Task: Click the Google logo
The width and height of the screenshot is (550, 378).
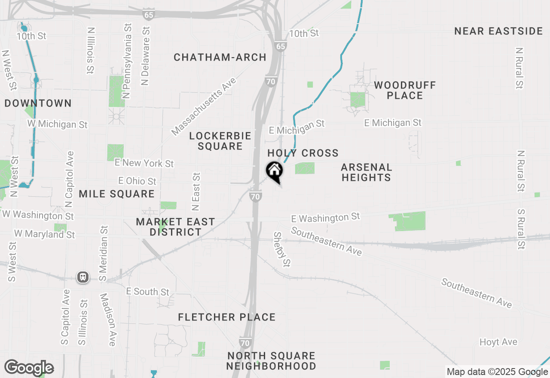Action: coord(29,368)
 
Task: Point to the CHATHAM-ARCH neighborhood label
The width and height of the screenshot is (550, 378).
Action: coord(220,58)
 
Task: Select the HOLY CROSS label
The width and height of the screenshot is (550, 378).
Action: coord(303,153)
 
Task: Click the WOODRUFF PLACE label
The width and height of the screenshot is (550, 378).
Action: coord(405,90)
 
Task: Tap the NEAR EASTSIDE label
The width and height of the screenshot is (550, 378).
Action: coord(498,31)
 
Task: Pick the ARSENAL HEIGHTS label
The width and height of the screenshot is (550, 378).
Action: coord(366,172)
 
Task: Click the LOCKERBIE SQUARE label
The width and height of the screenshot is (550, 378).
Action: coord(220,141)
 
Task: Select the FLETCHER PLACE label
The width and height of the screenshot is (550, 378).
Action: coord(226,317)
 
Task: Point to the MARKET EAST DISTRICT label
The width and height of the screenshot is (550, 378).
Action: coord(175,227)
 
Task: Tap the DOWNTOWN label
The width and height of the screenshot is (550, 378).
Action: coord(38,104)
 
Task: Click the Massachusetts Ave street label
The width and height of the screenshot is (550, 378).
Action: coord(204,107)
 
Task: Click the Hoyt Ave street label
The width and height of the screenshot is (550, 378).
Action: coord(498,342)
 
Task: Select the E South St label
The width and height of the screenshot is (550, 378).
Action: coord(148,292)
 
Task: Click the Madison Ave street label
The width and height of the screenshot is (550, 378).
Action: coord(108,320)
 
